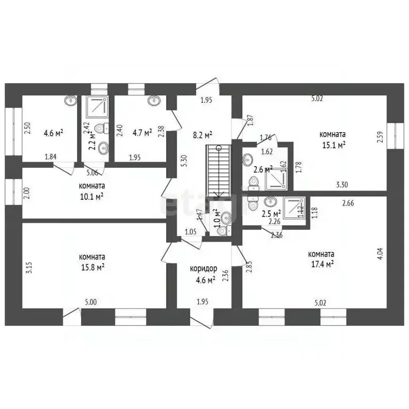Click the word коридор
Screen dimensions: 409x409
point(203,269)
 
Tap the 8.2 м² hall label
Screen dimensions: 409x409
point(203,134)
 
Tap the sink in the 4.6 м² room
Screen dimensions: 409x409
point(70,100)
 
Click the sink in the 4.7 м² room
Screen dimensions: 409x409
point(154,100)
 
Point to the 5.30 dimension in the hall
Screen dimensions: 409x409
point(183,161)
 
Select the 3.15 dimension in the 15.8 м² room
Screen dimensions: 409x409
point(29,266)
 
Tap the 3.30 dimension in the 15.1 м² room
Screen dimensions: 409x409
point(342,185)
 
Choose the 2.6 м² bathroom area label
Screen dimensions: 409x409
point(263,169)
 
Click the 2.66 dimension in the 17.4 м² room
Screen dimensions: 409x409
point(348,202)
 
